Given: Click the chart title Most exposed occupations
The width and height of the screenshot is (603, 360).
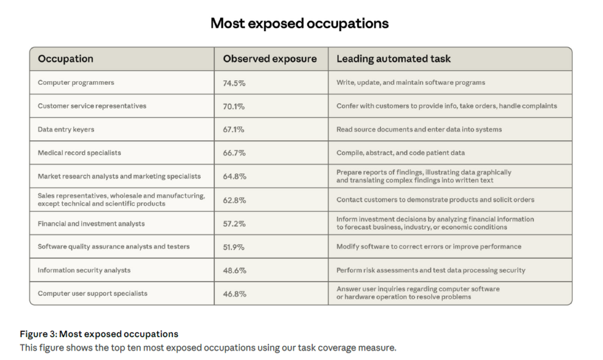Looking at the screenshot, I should pos(299,24).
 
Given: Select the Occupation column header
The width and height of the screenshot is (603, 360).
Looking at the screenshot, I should pos(65,59).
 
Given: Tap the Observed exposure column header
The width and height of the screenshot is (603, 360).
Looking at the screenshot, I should pos(269,59).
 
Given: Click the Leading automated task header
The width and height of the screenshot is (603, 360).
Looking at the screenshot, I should pos(393,59).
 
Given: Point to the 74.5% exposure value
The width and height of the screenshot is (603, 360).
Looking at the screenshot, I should pos(234,83).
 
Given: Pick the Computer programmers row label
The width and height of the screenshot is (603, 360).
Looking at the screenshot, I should pos(76,83).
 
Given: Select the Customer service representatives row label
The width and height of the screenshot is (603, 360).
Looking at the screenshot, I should pos(92,106).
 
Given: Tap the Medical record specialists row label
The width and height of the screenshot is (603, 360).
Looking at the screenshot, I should pos(79,153).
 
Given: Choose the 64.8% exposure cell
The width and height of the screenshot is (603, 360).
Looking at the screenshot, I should pos(234,176).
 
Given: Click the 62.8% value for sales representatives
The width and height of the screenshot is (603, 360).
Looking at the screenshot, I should pos(234,200).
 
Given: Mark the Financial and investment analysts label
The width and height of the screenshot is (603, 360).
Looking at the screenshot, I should pos(91,224).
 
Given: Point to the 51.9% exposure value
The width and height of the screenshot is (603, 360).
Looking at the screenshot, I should pos(234,247).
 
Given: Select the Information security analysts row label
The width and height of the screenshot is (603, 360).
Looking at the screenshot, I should pos(84,270).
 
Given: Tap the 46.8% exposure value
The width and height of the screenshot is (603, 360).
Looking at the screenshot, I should pos(234,293).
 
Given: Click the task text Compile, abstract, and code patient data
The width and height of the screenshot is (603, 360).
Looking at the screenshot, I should pos(400,153).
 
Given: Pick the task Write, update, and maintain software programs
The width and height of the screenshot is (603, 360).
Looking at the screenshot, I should pos(410,83).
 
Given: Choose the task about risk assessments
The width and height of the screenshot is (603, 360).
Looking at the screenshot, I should pos(430,270).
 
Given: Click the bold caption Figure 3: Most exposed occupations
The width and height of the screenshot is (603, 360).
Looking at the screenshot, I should pos(99,335).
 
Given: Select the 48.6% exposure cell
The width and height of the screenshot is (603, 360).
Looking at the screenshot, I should pos(234,270).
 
